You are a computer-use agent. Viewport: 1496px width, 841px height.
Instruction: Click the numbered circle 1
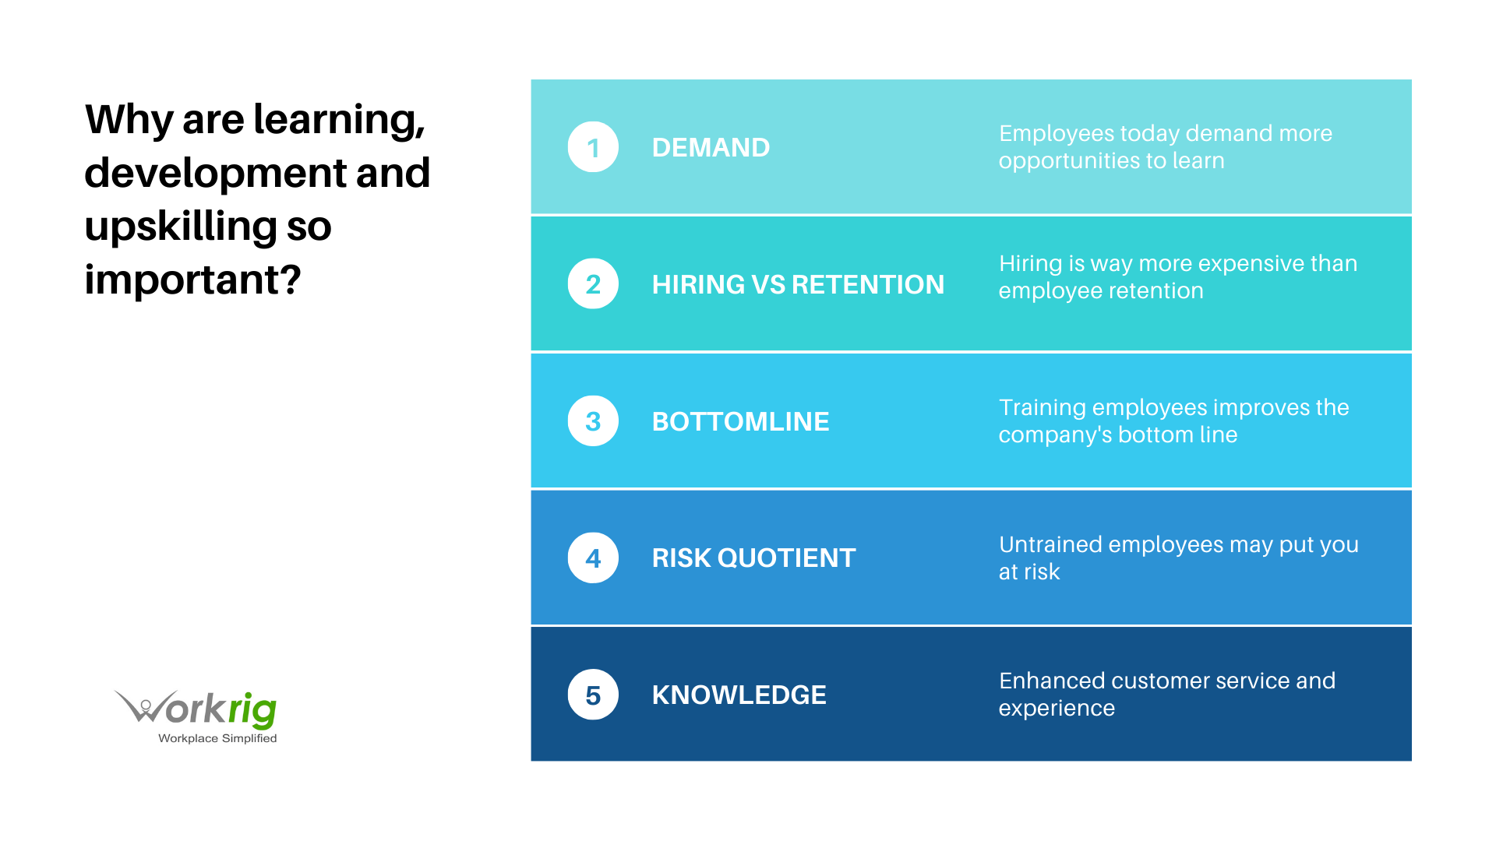593,147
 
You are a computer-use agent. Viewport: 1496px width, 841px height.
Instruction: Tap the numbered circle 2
593,284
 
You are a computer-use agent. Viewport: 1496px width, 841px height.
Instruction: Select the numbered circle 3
593,421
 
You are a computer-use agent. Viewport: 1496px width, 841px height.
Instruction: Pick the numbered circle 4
593,558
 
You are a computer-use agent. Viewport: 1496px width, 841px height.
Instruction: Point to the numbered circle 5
593,695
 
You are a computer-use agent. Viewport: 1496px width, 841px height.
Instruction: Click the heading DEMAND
711,148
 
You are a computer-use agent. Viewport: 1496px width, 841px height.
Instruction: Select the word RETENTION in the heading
868,285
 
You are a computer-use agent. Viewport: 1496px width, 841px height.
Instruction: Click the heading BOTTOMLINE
740,422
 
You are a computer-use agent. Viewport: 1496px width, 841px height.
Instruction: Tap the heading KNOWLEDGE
739,695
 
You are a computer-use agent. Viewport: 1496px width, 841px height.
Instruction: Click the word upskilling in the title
180,227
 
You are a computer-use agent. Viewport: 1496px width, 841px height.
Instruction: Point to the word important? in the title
192,280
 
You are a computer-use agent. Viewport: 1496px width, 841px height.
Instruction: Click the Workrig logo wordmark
198,709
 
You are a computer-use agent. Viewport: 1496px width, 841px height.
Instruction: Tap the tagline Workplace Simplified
217,738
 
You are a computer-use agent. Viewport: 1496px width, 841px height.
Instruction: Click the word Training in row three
1042,408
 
